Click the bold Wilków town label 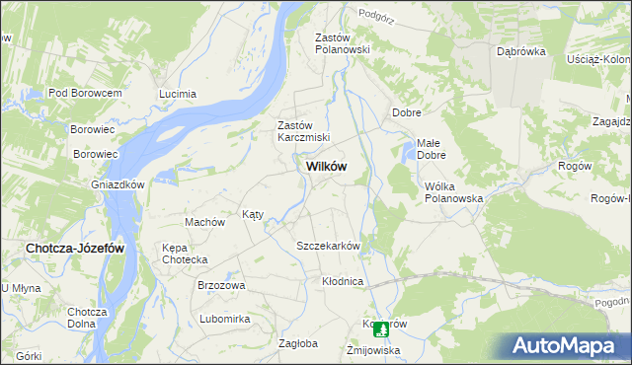point(320,167)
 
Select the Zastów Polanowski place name point(341,42)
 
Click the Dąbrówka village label point(521,51)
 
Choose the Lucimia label point(179,94)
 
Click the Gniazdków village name point(118,184)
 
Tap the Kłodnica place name point(343,281)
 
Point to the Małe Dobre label point(433,149)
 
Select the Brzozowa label point(221,285)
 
